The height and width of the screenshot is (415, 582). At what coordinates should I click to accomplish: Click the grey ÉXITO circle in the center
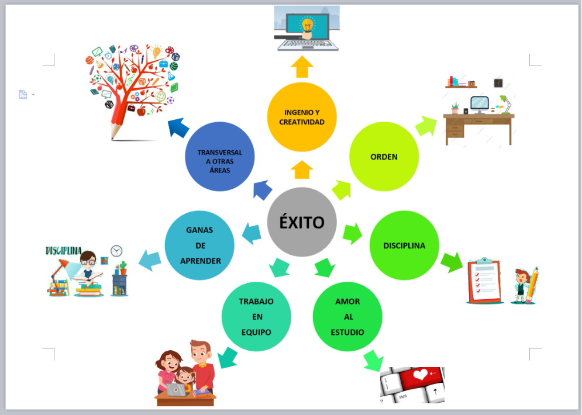[x=302, y=222]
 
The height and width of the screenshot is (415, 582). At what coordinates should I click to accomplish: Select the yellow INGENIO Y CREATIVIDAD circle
[x=302, y=117]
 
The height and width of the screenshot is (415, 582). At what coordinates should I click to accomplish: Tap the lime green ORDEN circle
[x=384, y=157]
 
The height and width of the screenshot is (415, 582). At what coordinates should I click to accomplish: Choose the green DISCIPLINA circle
[x=404, y=245]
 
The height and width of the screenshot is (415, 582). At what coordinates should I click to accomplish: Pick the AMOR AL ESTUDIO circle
[x=347, y=317]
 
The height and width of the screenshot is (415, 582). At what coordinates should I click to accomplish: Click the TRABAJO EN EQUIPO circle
[x=256, y=317]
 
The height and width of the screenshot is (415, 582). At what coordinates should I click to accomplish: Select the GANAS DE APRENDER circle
[x=199, y=245]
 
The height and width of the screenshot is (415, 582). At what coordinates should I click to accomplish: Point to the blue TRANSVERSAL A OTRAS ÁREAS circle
[x=219, y=157]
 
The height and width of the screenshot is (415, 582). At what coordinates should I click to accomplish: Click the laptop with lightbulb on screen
[x=307, y=28]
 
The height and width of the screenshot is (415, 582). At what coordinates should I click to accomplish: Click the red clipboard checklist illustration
[x=485, y=281]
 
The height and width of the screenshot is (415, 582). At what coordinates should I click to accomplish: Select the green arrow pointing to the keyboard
[x=373, y=359]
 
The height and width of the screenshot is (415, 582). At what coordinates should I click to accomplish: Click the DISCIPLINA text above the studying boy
[x=63, y=251]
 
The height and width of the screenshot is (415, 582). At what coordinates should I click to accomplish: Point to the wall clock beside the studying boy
[x=116, y=251]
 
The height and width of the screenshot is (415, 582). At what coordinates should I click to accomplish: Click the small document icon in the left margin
[x=23, y=95]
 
